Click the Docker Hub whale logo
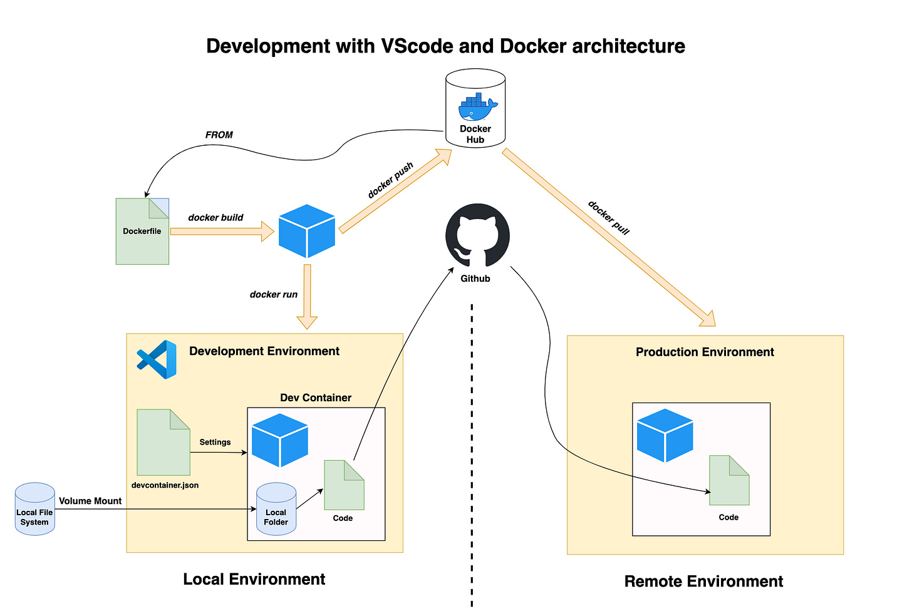477,108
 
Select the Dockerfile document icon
142,231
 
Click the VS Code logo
157,359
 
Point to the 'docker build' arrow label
215,218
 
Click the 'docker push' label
390,180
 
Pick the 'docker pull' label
608,217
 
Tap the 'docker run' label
274,294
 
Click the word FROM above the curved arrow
219,135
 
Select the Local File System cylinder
35,509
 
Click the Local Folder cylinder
276,509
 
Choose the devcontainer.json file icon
163,443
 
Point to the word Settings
215,442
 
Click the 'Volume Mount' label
90,501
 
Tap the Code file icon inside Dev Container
344,485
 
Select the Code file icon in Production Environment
729,480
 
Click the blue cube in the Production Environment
665,435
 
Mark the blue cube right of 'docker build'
307,231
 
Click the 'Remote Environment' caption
703,582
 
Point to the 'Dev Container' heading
316,398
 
